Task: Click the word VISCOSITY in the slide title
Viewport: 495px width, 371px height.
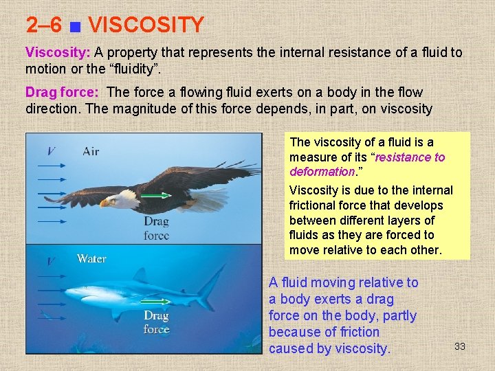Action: (146, 25)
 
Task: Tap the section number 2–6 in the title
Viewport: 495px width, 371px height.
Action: (44, 25)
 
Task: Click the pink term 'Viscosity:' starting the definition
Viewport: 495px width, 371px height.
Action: (58, 52)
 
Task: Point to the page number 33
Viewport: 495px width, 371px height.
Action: (460, 346)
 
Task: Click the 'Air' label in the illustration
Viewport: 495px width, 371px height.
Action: (91, 151)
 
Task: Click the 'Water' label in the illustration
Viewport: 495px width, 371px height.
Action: (91, 258)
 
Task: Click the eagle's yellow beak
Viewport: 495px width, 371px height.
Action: (104, 203)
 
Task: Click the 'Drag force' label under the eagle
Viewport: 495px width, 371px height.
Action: (156, 228)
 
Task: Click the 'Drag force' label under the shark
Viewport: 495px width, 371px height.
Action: (156, 322)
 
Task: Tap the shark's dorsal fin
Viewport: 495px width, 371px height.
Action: (141, 276)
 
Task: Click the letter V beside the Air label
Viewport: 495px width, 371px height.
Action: (52, 151)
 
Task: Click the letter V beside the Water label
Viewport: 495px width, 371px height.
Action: (51, 262)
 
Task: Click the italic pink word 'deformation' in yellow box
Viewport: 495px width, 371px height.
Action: (321, 172)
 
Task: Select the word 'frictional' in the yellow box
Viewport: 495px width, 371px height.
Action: (315, 205)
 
